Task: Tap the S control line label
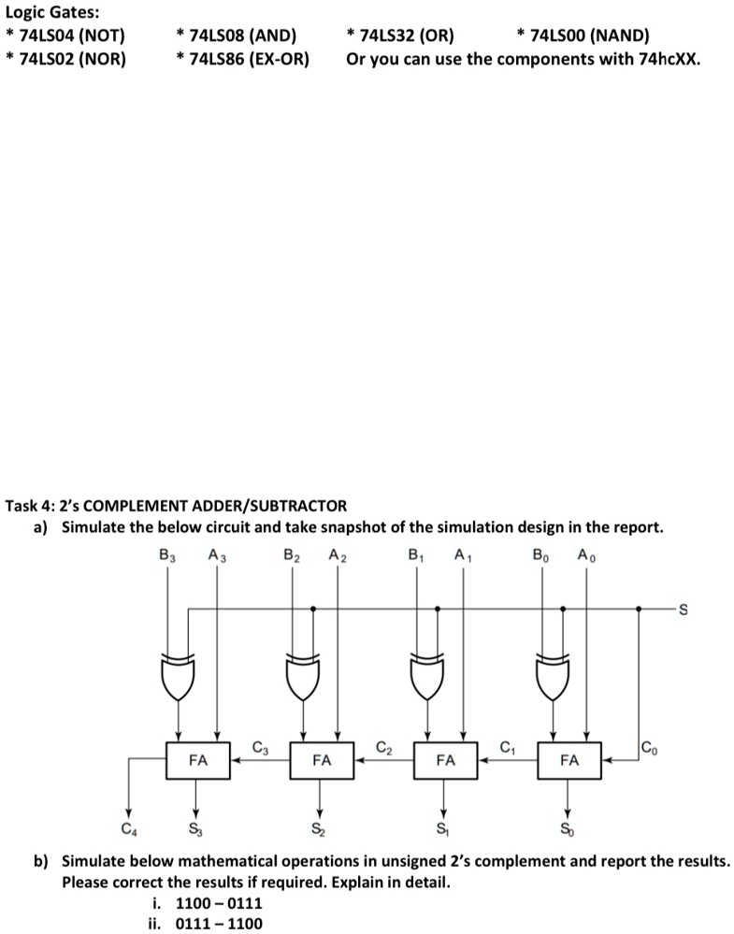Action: (683, 611)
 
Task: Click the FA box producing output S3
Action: (197, 760)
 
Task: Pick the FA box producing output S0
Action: (568, 760)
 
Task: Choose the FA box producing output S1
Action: (445, 760)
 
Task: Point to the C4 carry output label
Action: (127, 826)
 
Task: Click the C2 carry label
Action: (383, 747)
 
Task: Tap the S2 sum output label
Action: (320, 826)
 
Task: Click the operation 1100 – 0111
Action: (219, 903)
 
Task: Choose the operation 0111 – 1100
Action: (219, 924)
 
